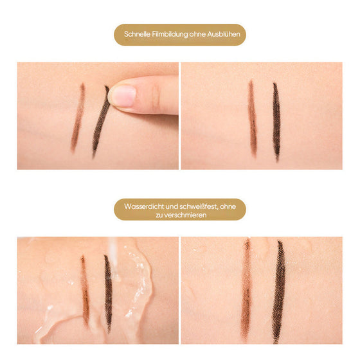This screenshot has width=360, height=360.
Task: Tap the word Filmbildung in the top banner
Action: [x=170, y=35]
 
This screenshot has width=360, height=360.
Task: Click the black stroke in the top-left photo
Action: [x=100, y=125]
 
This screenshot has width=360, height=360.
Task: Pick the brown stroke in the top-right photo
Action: [x=252, y=119]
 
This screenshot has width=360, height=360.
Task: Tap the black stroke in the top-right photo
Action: [x=276, y=121]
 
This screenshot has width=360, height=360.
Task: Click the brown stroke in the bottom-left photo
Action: [x=84, y=289]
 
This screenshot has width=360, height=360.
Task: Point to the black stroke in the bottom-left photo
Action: [x=107, y=292]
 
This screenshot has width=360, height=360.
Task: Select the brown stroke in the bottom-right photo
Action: [x=246, y=289]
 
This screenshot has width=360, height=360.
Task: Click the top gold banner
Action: [x=180, y=35]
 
